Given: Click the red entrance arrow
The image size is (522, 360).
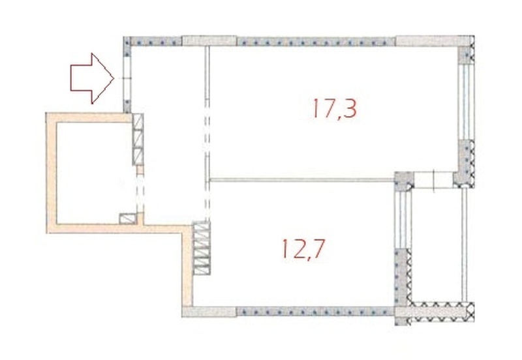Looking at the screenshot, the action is [91, 78].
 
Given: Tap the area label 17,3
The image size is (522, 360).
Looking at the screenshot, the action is [335, 108].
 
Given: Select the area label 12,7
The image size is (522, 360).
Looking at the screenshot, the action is [303, 249].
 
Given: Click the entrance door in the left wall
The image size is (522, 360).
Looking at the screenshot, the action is [127, 78].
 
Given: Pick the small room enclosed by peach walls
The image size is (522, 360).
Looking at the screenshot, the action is [95, 173].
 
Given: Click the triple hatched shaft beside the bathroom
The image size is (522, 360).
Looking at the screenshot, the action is [138, 139].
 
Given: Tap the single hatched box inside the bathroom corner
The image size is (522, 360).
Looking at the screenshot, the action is [128, 218].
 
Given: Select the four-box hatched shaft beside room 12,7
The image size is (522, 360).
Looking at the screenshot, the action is [202, 248].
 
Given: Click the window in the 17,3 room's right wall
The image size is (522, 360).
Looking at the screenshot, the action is [466, 102].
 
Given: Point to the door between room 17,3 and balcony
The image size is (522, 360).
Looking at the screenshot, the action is [433, 179].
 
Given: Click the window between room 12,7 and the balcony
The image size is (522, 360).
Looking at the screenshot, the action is [403, 220].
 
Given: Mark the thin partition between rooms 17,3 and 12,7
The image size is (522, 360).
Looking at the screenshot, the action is [302, 180].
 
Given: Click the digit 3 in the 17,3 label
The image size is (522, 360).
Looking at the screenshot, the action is [350, 108].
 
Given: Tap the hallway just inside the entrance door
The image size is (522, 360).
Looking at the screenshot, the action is [166, 80].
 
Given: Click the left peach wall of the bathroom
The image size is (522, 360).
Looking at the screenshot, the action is [52, 173].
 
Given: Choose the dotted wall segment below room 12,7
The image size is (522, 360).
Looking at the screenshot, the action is [316, 312].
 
